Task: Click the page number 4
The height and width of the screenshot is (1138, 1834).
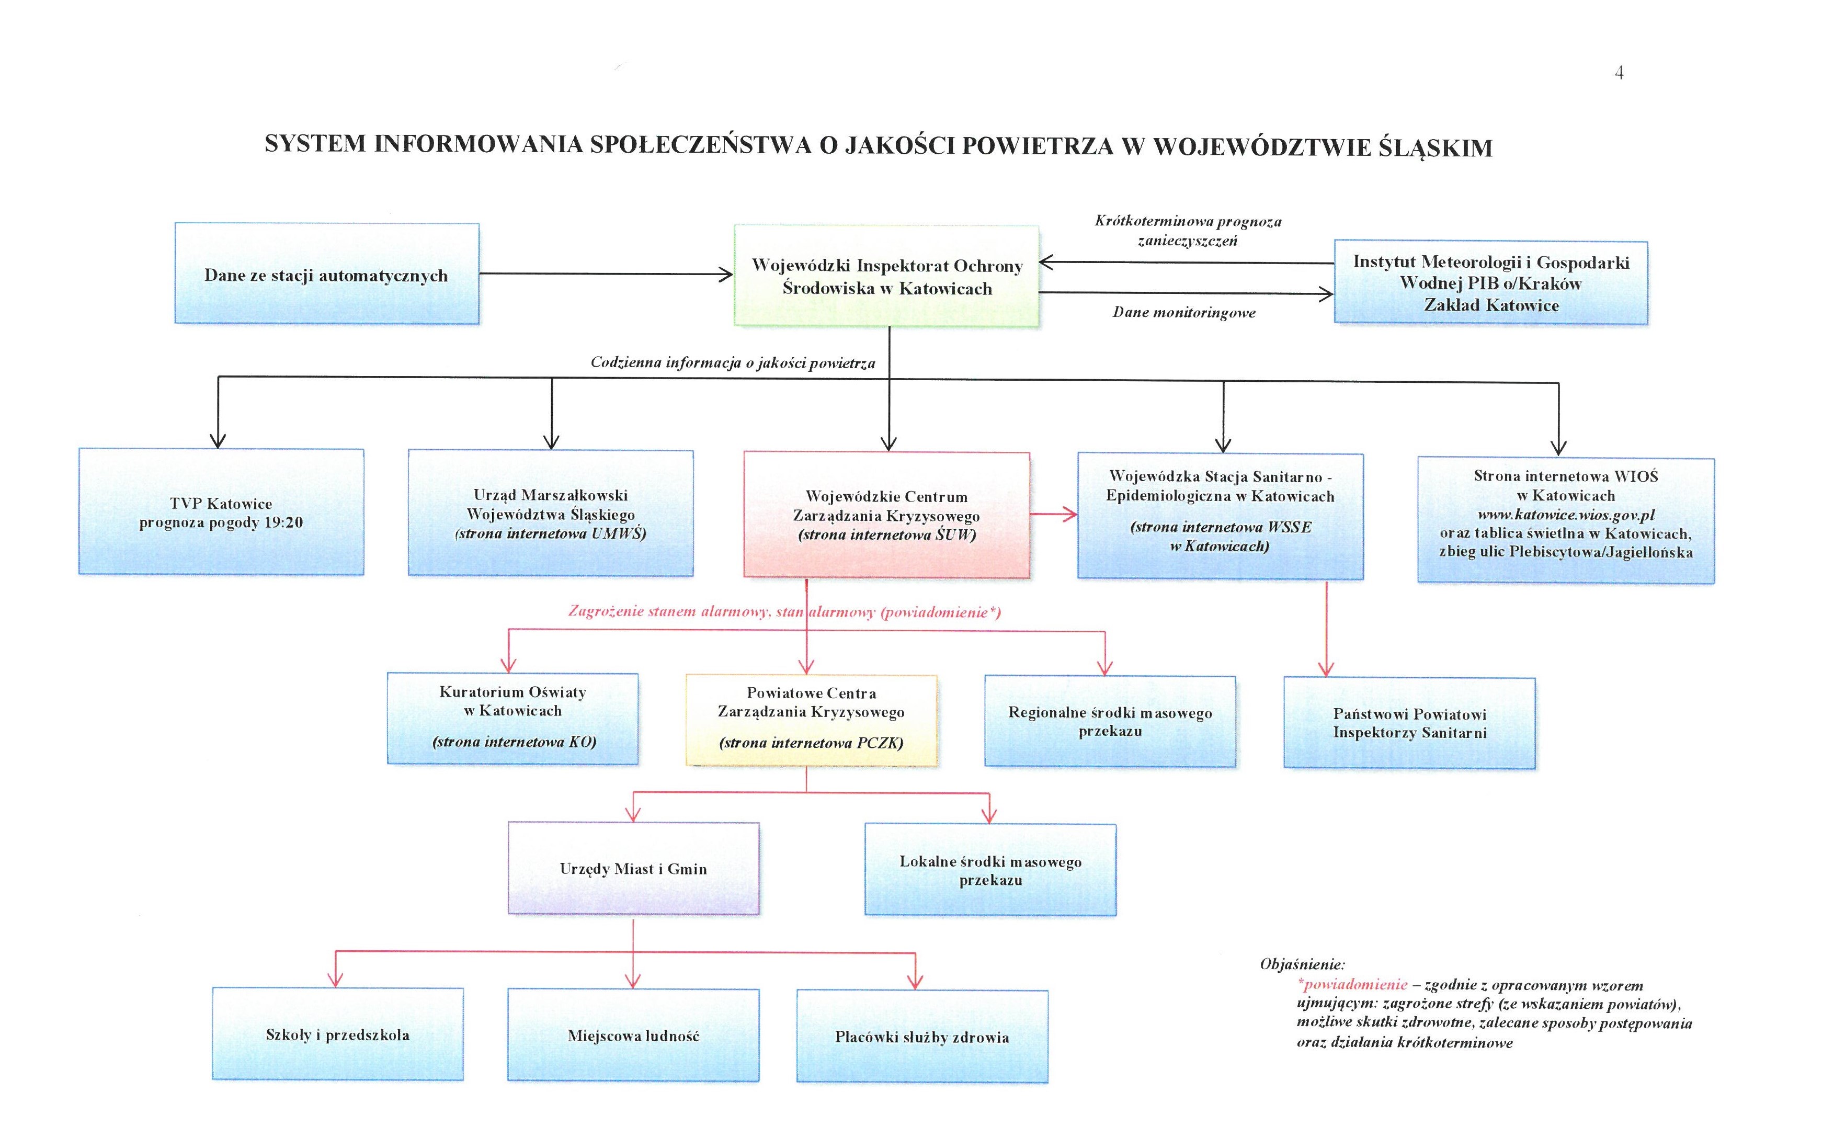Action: [x=1619, y=73]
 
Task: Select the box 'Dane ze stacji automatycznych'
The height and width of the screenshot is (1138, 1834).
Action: [x=327, y=274]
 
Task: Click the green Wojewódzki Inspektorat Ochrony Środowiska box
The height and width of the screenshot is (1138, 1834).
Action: [x=886, y=276]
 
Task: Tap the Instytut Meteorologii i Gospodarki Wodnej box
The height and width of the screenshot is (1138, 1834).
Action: [x=1491, y=283]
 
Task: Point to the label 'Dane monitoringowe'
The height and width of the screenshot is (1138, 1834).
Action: [x=1184, y=312]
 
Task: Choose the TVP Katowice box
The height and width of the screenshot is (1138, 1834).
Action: [x=221, y=512]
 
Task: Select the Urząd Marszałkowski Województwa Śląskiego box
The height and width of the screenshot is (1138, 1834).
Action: [x=550, y=514]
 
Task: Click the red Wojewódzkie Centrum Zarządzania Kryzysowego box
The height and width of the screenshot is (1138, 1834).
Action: [x=886, y=516]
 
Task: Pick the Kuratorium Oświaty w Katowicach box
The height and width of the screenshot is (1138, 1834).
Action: [x=512, y=719]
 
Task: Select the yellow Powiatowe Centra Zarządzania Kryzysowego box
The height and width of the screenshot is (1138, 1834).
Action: [x=811, y=720]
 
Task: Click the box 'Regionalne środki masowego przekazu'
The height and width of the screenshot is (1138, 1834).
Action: [x=1110, y=721]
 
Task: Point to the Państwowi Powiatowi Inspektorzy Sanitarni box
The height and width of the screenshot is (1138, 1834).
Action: [x=1409, y=723]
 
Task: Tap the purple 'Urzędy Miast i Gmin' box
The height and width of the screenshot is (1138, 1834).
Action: [x=633, y=869]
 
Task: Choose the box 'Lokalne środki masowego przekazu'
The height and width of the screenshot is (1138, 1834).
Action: [x=990, y=870]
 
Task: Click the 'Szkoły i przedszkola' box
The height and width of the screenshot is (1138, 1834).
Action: [x=338, y=1035]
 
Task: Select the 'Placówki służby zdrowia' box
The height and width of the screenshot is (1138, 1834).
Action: [x=922, y=1037]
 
